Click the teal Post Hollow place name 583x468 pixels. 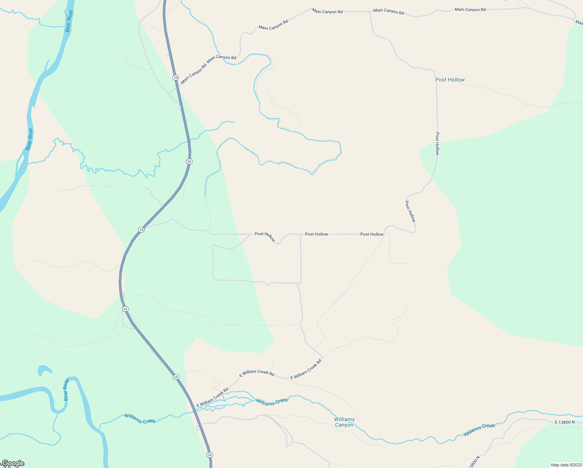(x=450, y=80)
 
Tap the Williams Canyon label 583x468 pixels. (x=344, y=422)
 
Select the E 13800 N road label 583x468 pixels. (x=565, y=422)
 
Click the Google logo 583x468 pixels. (x=13, y=463)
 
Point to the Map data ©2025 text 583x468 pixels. (x=566, y=465)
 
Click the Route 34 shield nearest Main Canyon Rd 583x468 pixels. (x=175, y=78)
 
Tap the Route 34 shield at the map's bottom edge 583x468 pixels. (x=210, y=455)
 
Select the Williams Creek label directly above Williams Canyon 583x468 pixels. (x=272, y=401)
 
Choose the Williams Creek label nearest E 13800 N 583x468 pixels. (x=479, y=429)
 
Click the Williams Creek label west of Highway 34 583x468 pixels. (x=140, y=418)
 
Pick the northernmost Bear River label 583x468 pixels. (x=69, y=21)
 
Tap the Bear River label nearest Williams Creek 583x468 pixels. (x=66, y=390)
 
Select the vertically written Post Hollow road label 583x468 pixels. (x=437, y=144)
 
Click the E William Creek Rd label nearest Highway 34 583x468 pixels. (x=212, y=397)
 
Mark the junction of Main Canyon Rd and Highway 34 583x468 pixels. (x=178, y=87)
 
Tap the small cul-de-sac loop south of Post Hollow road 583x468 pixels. (x=234, y=252)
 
